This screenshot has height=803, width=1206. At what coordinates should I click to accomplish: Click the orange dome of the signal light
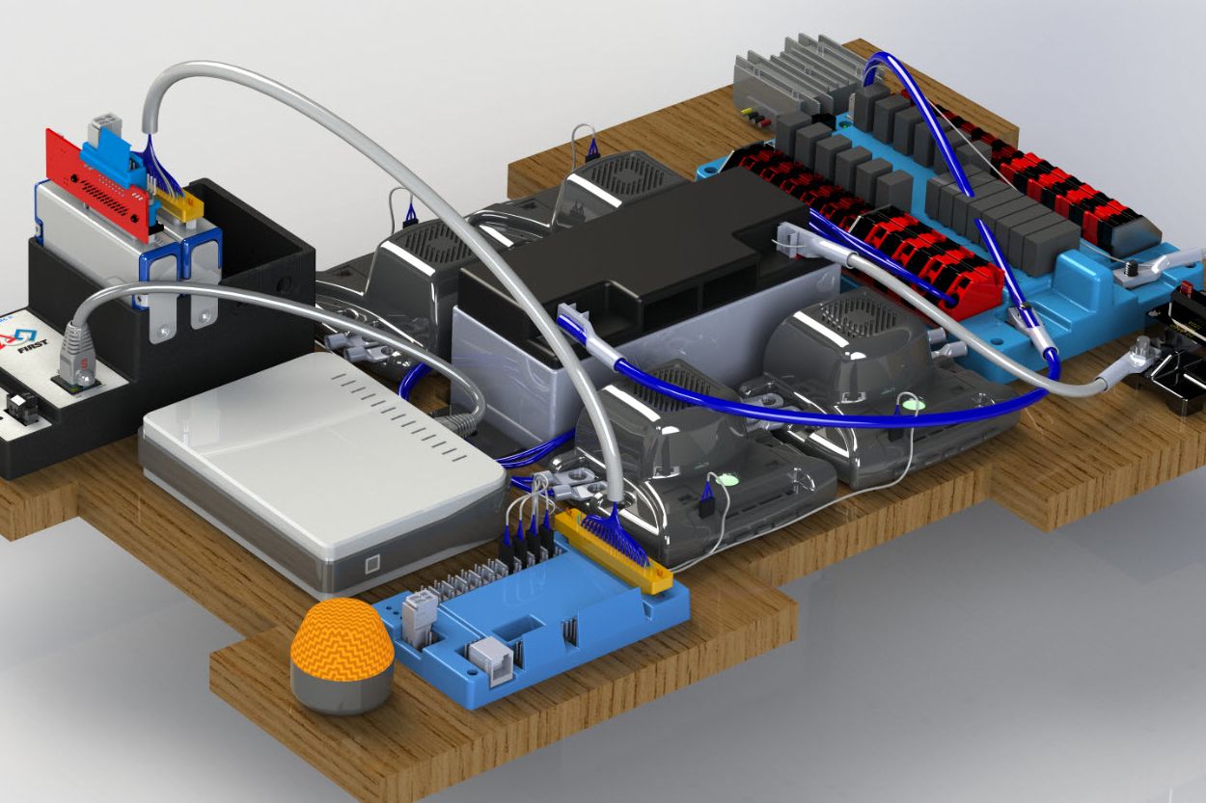[x=343, y=638]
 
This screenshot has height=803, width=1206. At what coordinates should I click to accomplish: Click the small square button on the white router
[x=372, y=565]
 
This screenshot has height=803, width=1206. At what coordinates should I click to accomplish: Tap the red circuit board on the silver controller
[x=96, y=184]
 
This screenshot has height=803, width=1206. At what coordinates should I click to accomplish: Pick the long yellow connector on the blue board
[x=614, y=551]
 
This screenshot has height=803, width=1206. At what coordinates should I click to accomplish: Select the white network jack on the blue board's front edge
[x=490, y=660]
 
